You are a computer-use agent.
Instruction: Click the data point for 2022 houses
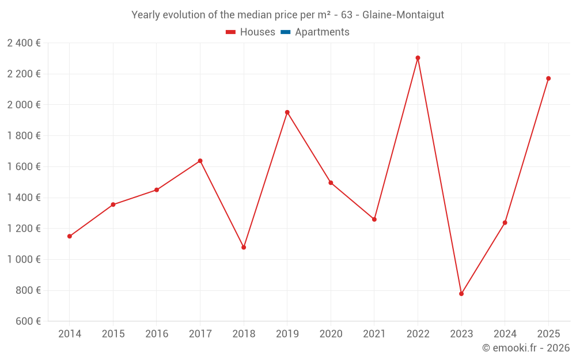point(418,58)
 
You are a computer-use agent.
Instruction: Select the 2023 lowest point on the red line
point(461,294)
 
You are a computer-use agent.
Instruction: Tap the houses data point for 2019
point(287,112)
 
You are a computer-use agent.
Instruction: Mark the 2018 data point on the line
point(244,247)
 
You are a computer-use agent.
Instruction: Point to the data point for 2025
point(548,78)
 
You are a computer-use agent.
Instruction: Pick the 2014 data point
point(70,236)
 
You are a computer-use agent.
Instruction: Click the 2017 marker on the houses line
point(200,161)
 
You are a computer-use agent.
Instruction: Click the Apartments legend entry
point(322,32)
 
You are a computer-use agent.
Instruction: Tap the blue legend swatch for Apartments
point(285,32)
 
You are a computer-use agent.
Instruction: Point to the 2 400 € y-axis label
point(24,43)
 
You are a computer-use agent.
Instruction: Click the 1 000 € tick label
point(24,260)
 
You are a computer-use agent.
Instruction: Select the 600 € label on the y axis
point(27,321)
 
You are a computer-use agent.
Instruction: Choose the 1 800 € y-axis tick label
point(24,136)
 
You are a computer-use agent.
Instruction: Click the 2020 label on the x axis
point(331,334)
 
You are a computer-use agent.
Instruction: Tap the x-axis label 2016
point(157,334)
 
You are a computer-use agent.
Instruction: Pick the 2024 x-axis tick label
point(505,334)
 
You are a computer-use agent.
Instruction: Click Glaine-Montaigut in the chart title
point(403,15)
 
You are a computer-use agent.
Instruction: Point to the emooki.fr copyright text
point(526,348)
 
